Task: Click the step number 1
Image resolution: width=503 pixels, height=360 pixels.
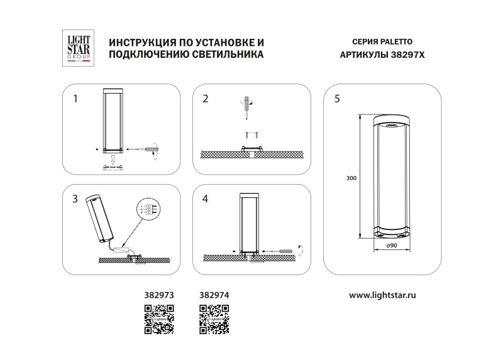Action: point(75,99)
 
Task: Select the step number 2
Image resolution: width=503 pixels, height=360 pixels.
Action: point(206,99)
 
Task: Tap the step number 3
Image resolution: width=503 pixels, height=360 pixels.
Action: point(75,199)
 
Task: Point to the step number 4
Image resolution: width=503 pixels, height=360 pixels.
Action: point(206,199)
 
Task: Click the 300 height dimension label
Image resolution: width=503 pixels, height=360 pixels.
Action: point(351,178)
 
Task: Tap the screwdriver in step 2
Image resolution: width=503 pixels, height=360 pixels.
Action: point(246,110)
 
